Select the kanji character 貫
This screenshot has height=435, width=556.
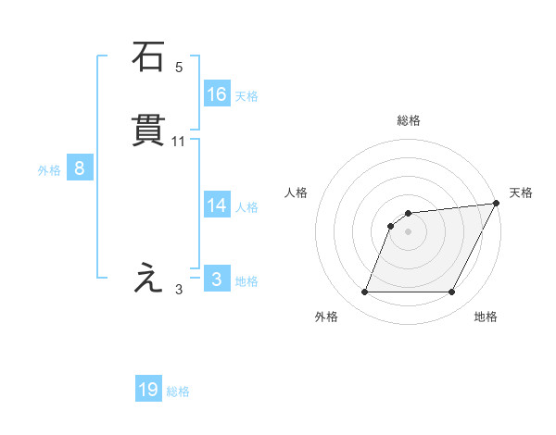(x=148, y=131)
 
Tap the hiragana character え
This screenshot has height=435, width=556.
(x=148, y=278)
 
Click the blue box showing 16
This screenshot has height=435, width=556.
(x=217, y=94)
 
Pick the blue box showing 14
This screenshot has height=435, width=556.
(x=217, y=205)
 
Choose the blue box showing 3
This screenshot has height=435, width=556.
(x=217, y=280)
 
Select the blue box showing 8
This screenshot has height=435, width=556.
(x=80, y=168)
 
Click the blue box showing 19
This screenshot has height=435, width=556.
(x=148, y=390)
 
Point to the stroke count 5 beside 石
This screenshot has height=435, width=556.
(x=179, y=67)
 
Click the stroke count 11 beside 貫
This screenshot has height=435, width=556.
(x=179, y=142)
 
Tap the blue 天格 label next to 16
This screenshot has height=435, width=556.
(x=246, y=95)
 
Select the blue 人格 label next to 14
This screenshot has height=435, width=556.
(x=246, y=207)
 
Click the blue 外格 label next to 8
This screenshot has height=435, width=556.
(x=49, y=169)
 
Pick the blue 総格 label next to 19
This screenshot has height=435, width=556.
(x=178, y=391)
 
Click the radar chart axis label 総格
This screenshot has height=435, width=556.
(x=408, y=120)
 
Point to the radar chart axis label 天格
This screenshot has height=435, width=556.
(x=521, y=193)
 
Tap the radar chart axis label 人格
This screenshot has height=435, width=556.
(x=296, y=193)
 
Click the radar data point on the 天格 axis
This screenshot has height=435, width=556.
(x=497, y=204)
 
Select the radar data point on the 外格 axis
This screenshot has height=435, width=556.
(x=364, y=292)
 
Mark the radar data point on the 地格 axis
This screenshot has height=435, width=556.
(x=451, y=292)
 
